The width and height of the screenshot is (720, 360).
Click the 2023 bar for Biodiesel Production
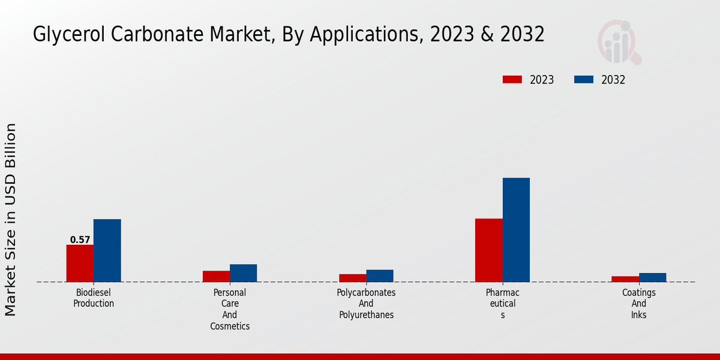[80, 263]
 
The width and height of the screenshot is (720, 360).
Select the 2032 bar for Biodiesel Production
[107, 250]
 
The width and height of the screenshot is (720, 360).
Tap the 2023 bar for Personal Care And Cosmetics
[216, 276]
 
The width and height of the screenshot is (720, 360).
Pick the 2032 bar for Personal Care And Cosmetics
[243, 273]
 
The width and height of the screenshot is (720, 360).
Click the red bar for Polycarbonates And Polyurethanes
[352, 278]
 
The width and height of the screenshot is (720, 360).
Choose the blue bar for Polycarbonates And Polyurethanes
[380, 275]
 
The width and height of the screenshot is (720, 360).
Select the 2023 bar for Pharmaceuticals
[488, 250]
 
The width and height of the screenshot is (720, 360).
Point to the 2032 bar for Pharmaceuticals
[516, 230]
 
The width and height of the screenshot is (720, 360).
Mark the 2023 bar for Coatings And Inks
[625, 279]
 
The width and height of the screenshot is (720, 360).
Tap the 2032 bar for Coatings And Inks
[652, 277]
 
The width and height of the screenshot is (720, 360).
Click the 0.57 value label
[80, 240]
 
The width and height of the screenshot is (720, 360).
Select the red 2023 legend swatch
[512, 80]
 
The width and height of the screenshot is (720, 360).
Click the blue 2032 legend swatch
[584, 80]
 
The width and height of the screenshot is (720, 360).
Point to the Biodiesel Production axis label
[94, 298]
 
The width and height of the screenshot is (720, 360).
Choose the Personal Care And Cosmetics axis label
[230, 310]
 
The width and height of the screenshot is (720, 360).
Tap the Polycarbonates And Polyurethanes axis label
[366, 304]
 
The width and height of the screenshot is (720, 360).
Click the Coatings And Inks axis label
[638, 304]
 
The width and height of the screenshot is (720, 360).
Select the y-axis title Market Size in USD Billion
[11, 220]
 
